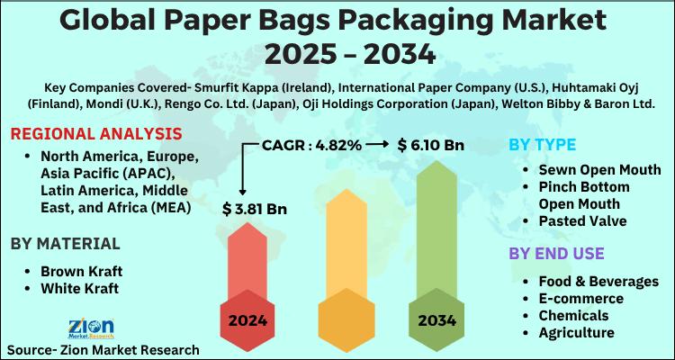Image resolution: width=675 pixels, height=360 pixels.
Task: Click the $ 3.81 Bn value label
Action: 255,210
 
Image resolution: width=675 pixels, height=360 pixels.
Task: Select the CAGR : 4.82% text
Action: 312,144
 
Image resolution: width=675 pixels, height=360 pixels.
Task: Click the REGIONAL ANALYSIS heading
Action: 96,134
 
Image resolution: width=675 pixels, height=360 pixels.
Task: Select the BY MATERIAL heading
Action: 65,243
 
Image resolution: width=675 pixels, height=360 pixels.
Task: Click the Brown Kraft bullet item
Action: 81,270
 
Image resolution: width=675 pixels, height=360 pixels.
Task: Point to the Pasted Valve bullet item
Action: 583,220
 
